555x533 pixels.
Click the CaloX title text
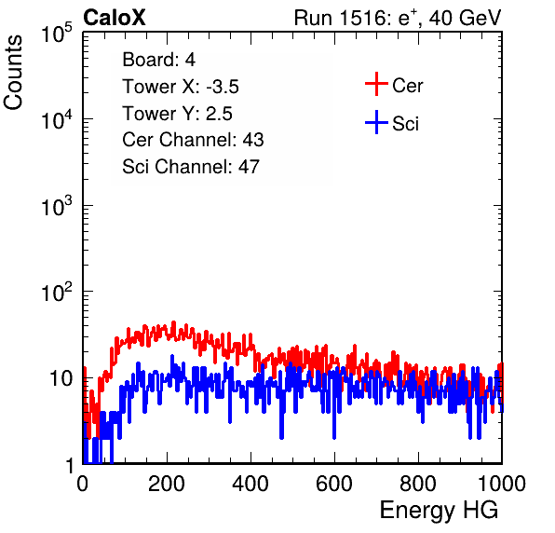pyautogui.click(x=115, y=18)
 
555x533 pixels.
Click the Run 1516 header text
pyautogui.click(x=398, y=18)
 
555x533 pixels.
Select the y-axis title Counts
pyautogui.click(x=13, y=73)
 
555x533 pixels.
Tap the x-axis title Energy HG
pyautogui.click(x=439, y=511)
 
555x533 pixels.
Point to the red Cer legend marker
pyautogui.click(x=376, y=84)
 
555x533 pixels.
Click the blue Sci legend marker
pyautogui.click(x=376, y=123)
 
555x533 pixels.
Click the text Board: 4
pyautogui.click(x=159, y=60)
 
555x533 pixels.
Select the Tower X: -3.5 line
pyautogui.click(x=181, y=87)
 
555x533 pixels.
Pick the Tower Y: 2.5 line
pyautogui.click(x=177, y=114)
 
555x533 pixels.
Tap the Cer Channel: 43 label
pyautogui.click(x=193, y=140)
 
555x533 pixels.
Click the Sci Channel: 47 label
pyautogui.click(x=191, y=167)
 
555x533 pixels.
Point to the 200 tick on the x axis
pyautogui.click(x=167, y=484)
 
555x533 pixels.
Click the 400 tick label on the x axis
pyautogui.click(x=250, y=484)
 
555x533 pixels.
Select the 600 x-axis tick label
pyautogui.click(x=334, y=484)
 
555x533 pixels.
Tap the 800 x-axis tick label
pyautogui.click(x=418, y=484)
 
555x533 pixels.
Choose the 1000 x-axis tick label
pyautogui.click(x=502, y=484)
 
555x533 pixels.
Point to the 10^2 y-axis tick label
pyautogui.click(x=57, y=292)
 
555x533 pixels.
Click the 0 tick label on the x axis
pyautogui.click(x=83, y=484)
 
